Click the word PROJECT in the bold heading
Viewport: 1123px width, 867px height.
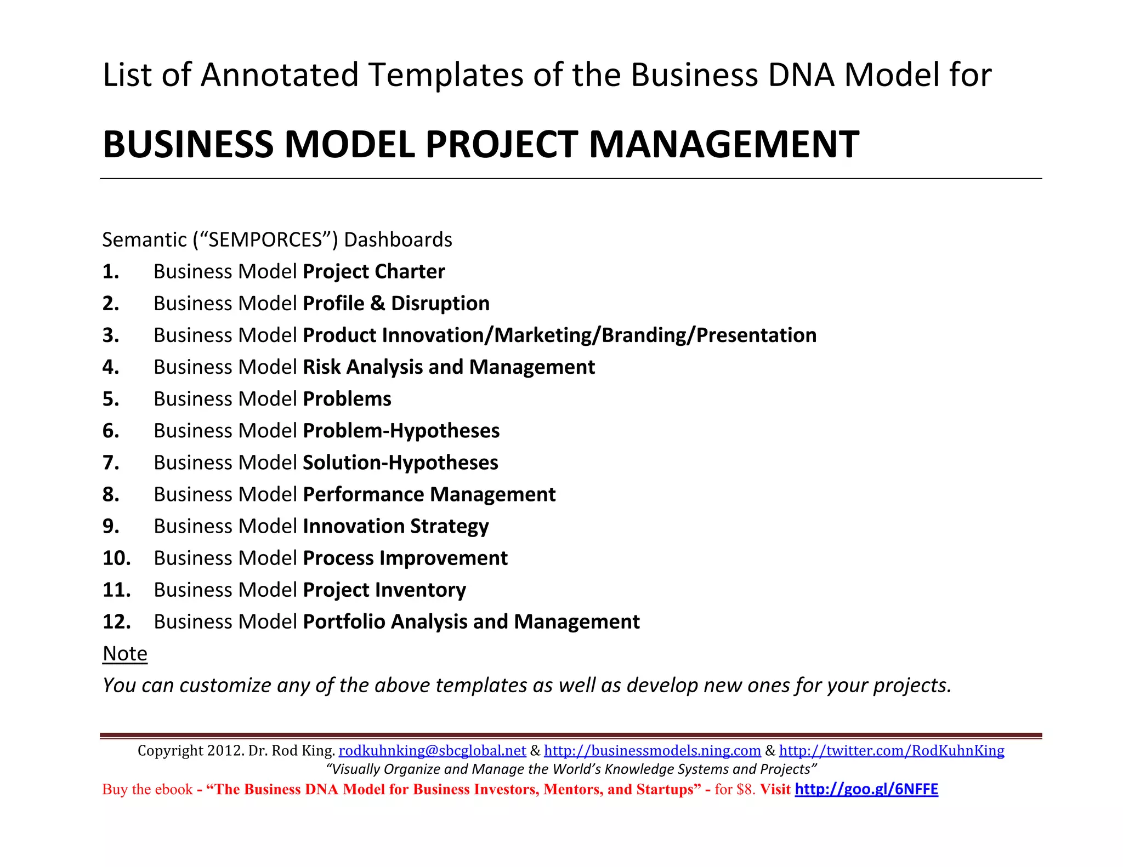501,145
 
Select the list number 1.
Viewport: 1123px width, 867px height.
111,272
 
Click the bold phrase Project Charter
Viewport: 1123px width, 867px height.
373,272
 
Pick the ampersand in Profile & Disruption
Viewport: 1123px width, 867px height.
377,304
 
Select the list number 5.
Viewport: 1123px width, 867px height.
111,399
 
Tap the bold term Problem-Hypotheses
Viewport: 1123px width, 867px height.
401,431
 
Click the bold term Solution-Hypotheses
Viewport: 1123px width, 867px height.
400,463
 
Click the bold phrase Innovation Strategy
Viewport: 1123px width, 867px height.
395,526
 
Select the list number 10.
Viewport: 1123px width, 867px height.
116,558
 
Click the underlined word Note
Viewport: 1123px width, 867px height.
125,654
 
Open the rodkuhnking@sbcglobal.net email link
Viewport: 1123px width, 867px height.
432,751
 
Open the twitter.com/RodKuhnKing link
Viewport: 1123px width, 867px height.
892,751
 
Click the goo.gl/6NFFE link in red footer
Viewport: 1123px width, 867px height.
866,789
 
